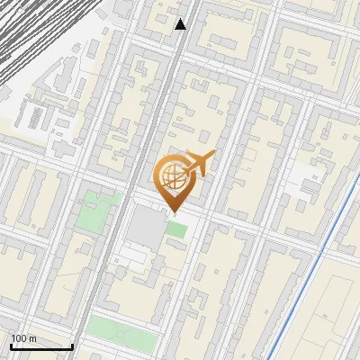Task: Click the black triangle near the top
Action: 181,24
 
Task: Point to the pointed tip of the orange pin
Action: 172,212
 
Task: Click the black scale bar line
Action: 41,346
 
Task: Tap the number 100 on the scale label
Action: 19,338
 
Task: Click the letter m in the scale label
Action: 32,338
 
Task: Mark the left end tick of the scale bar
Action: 11,346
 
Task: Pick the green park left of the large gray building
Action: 97,210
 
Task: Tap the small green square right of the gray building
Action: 176,229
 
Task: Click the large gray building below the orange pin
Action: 145,227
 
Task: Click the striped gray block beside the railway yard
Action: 36,115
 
